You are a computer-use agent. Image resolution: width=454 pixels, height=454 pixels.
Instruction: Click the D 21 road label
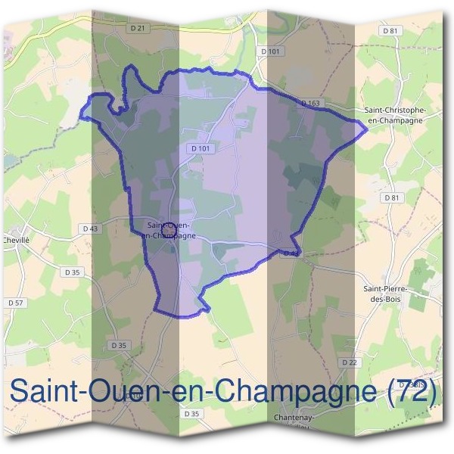tap(137, 28)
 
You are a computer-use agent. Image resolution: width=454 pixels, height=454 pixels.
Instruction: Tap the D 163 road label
tap(311, 102)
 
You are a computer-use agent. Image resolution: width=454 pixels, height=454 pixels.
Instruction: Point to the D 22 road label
tap(350, 363)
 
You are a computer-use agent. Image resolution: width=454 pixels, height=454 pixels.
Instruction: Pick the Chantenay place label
tap(295, 417)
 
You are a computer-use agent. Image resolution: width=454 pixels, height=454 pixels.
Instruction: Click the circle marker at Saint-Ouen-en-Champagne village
tap(171, 226)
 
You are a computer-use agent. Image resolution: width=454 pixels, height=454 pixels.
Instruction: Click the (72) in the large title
tap(412, 391)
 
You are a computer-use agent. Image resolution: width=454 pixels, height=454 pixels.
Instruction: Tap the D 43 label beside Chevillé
tap(89, 229)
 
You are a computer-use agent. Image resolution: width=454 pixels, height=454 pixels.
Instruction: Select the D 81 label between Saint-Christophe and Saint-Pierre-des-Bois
tap(391, 197)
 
